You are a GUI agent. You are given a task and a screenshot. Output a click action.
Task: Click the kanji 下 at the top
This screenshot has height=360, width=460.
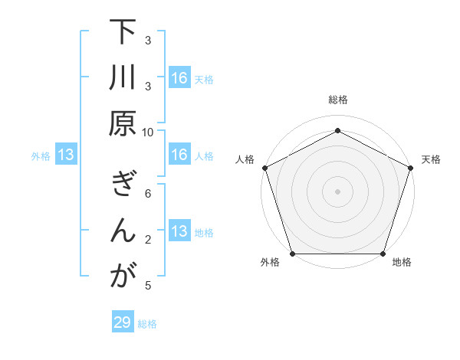point(123,33)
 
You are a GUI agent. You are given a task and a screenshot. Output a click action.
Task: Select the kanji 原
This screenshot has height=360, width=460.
point(123,123)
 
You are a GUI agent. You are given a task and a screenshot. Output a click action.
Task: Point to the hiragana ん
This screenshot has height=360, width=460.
point(123,231)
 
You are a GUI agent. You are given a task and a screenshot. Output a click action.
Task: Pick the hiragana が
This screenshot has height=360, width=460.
point(123,276)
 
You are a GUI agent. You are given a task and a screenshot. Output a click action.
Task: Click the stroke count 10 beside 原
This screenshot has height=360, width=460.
point(148,131)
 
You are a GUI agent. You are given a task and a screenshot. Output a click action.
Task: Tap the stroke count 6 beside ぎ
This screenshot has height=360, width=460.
point(148,194)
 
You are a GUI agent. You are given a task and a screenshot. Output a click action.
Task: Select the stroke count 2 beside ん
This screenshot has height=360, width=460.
point(148,240)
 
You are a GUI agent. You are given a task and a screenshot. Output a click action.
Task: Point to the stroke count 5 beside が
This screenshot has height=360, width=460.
point(148,286)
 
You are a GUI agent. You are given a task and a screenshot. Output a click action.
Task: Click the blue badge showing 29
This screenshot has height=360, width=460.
point(123,322)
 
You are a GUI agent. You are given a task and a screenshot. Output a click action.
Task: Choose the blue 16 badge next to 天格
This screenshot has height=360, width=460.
point(179,78)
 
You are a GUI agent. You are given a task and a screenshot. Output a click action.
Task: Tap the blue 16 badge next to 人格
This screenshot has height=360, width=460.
point(179,155)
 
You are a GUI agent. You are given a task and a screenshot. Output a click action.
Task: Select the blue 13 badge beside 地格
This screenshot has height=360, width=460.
point(179,232)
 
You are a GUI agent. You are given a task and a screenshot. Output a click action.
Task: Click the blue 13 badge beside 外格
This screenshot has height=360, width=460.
point(66,155)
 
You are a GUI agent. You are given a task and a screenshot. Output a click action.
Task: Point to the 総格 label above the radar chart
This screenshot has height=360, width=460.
point(337,100)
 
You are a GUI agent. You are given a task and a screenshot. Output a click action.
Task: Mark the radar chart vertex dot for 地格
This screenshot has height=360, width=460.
point(383,254)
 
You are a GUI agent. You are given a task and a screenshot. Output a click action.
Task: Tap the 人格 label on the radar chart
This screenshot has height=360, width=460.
point(245,159)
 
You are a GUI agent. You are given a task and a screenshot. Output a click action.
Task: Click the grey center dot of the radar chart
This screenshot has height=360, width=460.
point(337,191)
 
